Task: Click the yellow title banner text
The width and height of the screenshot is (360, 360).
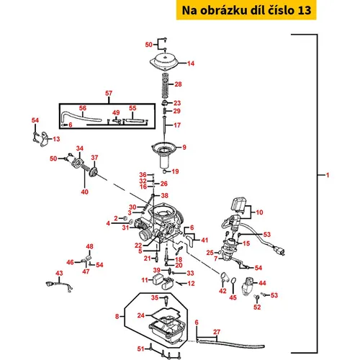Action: click(x=246, y=10)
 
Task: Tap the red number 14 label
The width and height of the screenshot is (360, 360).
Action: click(x=191, y=63)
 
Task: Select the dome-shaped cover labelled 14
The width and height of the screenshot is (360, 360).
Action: click(x=165, y=61)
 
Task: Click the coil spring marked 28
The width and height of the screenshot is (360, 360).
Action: click(x=165, y=86)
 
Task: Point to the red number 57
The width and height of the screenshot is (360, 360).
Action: click(x=109, y=93)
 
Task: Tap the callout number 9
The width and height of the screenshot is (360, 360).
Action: click(x=184, y=147)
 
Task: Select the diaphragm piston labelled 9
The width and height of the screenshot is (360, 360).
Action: click(x=164, y=155)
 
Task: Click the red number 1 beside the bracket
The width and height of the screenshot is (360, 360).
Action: click(x=328, y=175)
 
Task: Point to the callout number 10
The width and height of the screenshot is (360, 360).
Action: click(x=259, y=212)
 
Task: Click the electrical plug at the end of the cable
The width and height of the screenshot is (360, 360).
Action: click(x=279, y=251)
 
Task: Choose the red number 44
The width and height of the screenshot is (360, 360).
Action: click(x=262, y=283)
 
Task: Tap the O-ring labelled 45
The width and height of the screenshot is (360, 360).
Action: click(x=234, y=280)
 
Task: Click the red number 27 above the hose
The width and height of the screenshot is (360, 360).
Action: click(x=217, y=332)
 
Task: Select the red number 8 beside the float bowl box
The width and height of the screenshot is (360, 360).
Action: click(x=117, y=316)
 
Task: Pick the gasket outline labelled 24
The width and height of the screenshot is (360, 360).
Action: click(x=166, y=315)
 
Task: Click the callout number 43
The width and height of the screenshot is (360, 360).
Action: click(x=59, y=273)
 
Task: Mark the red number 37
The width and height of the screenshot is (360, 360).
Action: click(x=94, y=158)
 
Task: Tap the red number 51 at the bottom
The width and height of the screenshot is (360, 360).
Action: click(x=141, y=348)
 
